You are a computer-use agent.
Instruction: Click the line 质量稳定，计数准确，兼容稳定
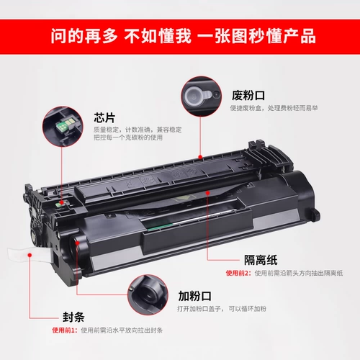(138, 129)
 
